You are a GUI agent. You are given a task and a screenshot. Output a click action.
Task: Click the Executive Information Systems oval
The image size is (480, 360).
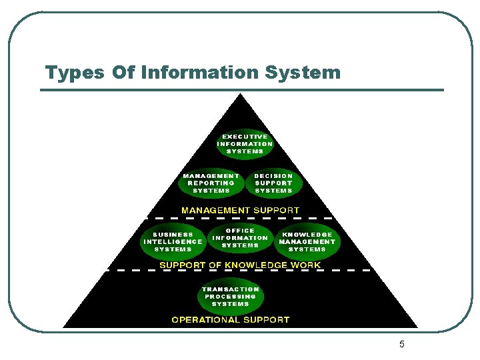(x=245, y=144)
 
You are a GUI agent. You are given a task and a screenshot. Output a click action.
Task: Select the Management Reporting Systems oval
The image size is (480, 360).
(x=211, y=183)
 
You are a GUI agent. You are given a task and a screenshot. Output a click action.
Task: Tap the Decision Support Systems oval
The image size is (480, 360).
(x=273, y=183)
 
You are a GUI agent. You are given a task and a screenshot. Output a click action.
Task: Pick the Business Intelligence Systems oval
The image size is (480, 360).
(x=173, y=242)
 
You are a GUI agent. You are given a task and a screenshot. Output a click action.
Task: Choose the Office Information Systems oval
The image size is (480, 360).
(x=240, y=238)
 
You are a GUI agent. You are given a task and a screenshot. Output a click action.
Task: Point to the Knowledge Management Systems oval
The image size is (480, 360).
(x=307, y=242)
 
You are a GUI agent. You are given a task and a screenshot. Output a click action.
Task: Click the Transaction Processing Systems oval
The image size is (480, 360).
(x=230, y=297)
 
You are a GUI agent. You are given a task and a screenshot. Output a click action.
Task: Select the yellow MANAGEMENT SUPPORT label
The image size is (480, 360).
(x=241, y=210)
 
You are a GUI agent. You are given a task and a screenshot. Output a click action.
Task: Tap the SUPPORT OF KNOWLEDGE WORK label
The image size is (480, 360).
(x=240, y=265)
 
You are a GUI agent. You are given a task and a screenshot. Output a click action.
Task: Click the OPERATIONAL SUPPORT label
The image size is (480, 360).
(x=231, y=320)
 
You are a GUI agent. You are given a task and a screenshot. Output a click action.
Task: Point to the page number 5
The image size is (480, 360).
(x=402, y=345)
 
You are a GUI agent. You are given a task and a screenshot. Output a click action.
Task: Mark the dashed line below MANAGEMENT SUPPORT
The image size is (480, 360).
(x=240, y=218)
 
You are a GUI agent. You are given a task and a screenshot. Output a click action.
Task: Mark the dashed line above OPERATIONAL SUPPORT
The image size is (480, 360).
(x=240, y=271)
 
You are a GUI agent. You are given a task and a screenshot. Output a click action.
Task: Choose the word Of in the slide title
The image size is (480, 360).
(x=123, y=72)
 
